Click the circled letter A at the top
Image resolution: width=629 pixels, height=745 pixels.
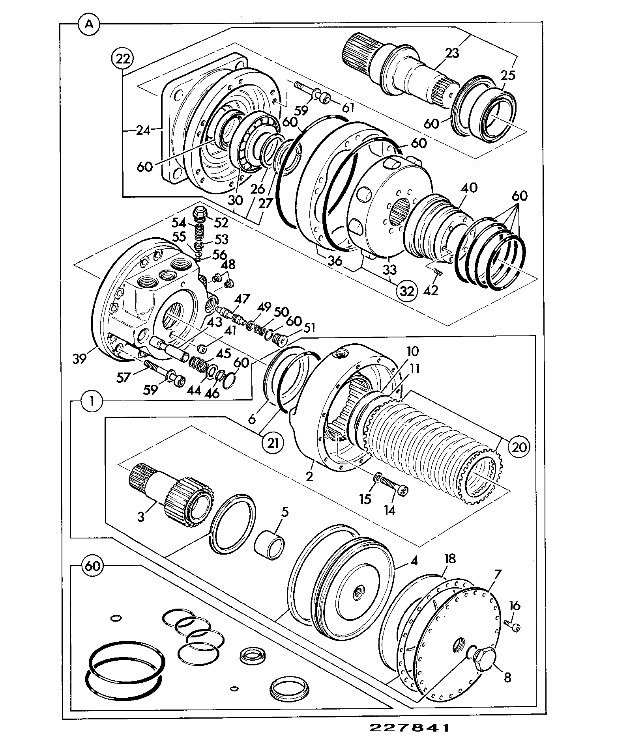coord(90,24)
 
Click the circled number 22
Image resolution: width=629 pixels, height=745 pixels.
coord(123,60)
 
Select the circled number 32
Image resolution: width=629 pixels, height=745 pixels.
coord(407,291)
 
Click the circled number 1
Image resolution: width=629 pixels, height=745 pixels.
coord(91,402)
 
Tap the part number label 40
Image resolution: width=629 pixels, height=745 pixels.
coord(469,188)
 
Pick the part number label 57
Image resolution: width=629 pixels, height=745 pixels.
coord(124,378)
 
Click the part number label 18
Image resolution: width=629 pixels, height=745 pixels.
coord(449,559)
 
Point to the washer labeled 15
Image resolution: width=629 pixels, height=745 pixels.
coord(378,478)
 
